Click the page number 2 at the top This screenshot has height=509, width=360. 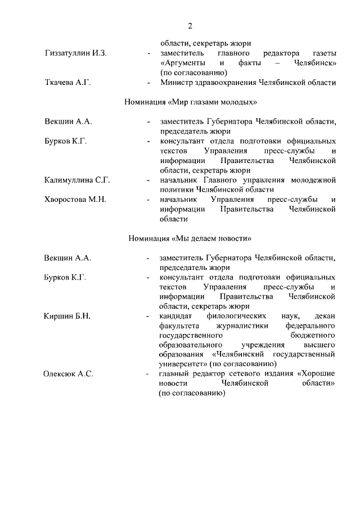[190, 25]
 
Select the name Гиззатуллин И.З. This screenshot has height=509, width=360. [75, 53]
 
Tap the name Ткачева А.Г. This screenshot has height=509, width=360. [67, 83]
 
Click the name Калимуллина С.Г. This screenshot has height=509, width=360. [77, 180]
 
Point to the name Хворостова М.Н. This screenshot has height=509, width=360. [75, 200]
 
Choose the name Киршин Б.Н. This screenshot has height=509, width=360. [67, 316]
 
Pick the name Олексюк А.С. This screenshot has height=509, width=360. [69, 373]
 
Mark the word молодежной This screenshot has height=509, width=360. [314, 180]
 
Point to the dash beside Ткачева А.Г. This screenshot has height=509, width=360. [148, 83]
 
